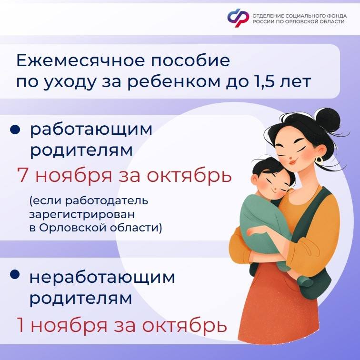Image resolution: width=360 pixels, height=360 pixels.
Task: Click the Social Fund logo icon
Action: point(238,18)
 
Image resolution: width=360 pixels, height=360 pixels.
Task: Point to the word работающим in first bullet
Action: point(91,130)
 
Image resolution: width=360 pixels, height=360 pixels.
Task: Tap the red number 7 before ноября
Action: point(23,175)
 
